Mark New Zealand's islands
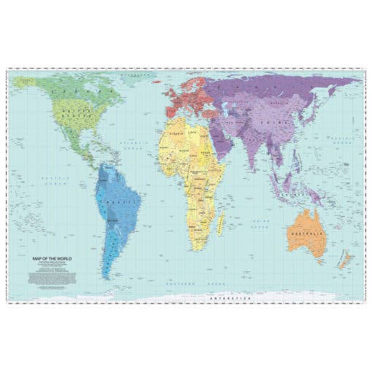[x=346, y=260]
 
